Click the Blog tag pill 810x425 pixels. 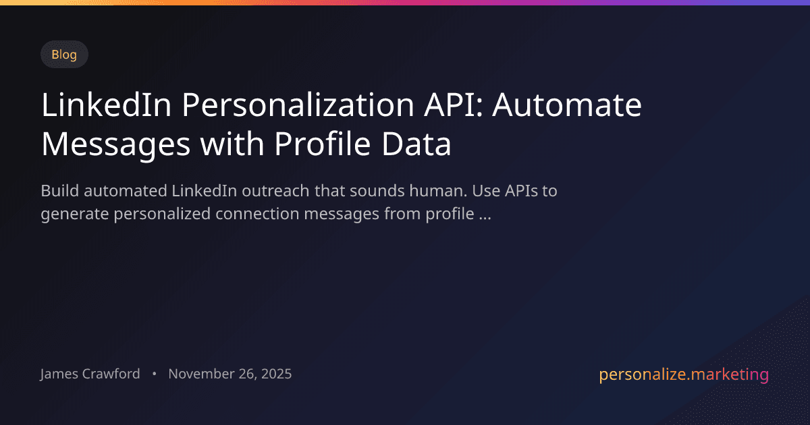(64, 55)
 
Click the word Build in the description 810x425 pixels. (59, 191)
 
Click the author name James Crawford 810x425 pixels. (90, 374)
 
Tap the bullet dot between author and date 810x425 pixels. (155, 374)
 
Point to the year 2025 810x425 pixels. (275, 374)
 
